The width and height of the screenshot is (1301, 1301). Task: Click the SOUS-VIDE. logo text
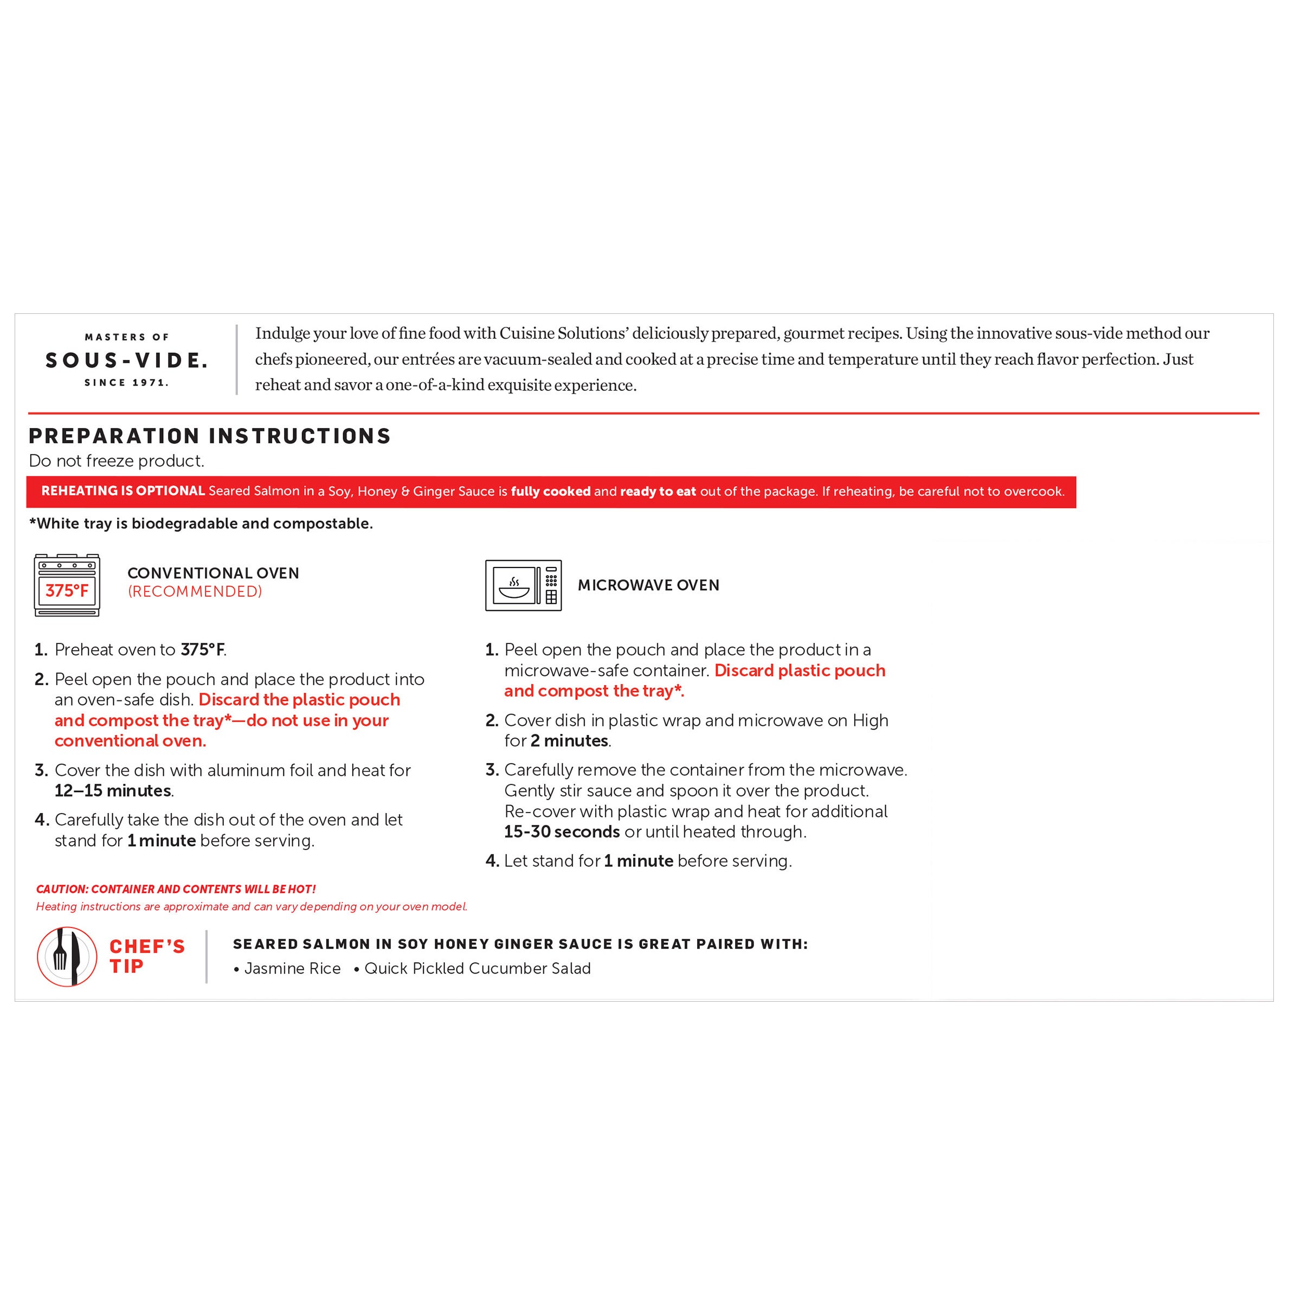[x=126, y=361]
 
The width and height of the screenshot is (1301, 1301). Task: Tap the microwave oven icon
[x=523, y=585]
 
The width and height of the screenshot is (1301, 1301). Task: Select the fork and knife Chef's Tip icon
[x=67, y=956]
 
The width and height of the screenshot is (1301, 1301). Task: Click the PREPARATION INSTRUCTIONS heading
[x=209, y=436]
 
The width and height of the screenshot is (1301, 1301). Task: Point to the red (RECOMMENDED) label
[x=195, y=591]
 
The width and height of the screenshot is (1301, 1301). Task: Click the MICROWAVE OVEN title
[x=648, y=585]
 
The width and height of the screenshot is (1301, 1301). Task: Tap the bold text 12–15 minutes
[x=112, y=790]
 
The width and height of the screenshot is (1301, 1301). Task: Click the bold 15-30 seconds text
[x=562, y=832]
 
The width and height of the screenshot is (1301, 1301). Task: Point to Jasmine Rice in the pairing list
[x=292, y=968]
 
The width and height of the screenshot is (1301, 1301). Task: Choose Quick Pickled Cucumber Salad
[x=477, y=968]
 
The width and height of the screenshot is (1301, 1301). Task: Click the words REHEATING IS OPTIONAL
[x=123, y=491]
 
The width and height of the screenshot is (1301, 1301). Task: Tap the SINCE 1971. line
[x=126, y=383]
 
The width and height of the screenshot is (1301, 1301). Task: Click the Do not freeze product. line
[x=116, y=461]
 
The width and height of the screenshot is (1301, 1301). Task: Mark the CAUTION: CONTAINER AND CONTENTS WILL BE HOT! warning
[x=176, y=890]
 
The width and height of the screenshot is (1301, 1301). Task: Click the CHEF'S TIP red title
[x=147, y=956]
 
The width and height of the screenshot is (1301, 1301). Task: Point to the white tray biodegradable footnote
[x=201, y=523]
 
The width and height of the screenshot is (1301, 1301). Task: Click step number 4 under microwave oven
[x=492, y=861]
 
